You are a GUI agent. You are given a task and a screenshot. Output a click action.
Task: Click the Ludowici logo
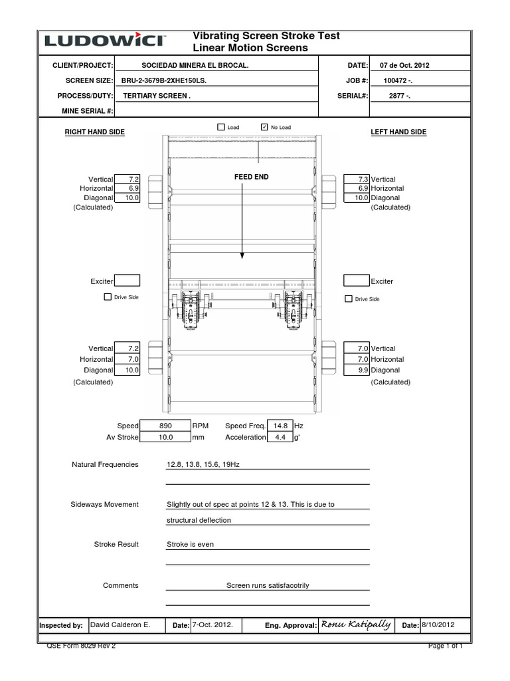pyautogui.click(x=105, y=41)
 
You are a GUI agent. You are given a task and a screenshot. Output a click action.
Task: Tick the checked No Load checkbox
pyautogui.click(x=264, y=126)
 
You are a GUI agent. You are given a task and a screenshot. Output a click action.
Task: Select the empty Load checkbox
pyautogui.click(x=222, y=126)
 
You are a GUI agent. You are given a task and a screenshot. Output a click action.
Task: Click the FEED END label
pyautogui.click(x=242, y=177)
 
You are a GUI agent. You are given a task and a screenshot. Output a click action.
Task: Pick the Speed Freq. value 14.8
pyautogui.click(x=280, y=426)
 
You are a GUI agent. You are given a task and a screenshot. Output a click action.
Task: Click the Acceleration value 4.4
pyautogui.click(x=280, y=438)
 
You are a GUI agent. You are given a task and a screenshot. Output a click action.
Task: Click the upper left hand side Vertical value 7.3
pyautogui.click(x=357, y=180)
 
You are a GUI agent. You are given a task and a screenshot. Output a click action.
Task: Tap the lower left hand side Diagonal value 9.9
pyautogui.click(x=357, y=370)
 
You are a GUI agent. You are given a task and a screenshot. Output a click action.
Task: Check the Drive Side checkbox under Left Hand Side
pyautogui.click(x=349, y=299)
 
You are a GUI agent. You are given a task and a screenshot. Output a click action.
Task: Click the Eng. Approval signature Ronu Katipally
pyautogui.click(x=355, y=624)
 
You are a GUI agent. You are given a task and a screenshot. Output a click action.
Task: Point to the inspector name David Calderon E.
pyautogui.click(x=120, y=625)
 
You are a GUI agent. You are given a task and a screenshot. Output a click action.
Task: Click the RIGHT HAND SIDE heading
pyautogui.click(x=94, y=132)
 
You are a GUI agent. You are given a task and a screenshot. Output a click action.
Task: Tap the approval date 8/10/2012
pyautogui.click(x=438, y=625)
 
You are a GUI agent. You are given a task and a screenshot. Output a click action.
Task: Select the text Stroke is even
pyautogui.click(x=190, y=545)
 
